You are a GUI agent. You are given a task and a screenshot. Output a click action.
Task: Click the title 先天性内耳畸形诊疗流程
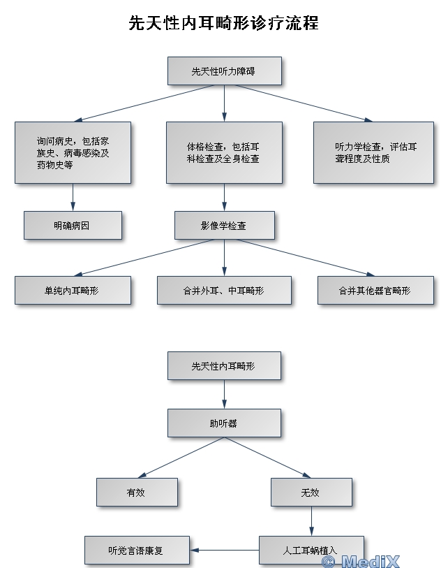(223, 23)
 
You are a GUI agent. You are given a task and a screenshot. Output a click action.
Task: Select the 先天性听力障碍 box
(224, 71)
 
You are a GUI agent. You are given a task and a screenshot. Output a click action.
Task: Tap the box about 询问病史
(73, 152)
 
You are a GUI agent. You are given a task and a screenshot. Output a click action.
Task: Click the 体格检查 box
(224, 152)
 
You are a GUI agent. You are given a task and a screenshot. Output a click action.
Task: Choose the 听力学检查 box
(373, 152)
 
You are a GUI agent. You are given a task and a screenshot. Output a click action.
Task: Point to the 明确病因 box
(73, 226)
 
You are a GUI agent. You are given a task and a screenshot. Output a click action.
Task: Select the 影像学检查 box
(224, 226)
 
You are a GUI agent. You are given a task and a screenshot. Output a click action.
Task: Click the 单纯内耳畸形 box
(73, 290)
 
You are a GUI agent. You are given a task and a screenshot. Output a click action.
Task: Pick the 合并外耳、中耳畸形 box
(224, 290)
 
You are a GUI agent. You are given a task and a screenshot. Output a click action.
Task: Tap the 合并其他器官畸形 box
(375, 290)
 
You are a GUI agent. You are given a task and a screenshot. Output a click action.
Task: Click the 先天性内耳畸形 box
(224, 365)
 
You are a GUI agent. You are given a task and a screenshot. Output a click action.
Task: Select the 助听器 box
(224, 423)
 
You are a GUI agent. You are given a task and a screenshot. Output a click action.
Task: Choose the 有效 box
(137, 492)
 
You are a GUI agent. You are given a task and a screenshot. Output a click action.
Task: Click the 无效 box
(311, 492)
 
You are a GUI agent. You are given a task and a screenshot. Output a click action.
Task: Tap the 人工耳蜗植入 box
(311, 548)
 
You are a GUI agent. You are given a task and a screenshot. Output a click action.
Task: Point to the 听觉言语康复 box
(137, 550)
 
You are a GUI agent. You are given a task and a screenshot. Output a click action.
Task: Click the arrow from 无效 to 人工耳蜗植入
(311, 520)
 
